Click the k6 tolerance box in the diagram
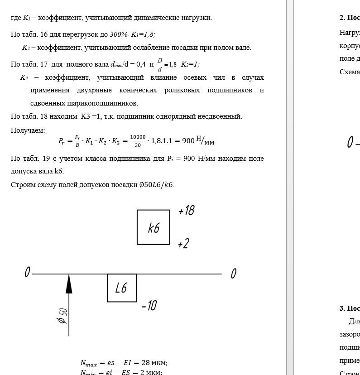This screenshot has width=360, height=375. [154, 227]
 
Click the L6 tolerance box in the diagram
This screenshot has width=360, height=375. [121, 288]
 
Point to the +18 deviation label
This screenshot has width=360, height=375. [187, 211]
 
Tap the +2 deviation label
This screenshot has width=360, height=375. [183, 244]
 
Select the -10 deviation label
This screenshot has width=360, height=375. [149, 306]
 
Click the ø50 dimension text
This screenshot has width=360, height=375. [62, 316]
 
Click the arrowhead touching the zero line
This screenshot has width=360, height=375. [69, 284]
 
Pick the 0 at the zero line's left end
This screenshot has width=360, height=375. [27, 272]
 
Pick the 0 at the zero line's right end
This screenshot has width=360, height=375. [233, 274]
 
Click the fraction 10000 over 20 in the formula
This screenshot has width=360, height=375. [138, 141]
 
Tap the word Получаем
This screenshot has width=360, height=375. [28, 130]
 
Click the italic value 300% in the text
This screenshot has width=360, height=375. [119, 34]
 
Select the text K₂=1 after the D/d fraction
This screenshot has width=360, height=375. [190, 64]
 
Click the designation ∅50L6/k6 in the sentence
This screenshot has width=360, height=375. [156, 185]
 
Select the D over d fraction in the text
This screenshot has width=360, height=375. [159, 64]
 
